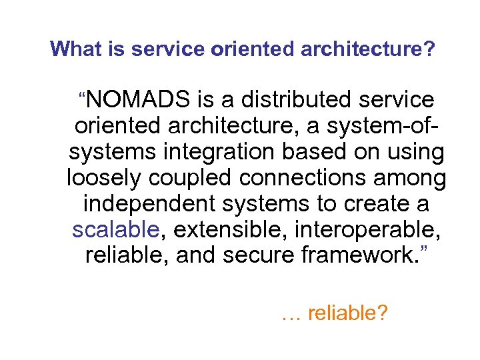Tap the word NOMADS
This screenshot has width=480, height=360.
pyautogui.click(x=139, y=100)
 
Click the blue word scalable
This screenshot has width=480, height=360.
pyautogui.click(x=115, y=229)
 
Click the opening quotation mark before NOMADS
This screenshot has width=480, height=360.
pyautogui.click(x=82, y=94)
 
